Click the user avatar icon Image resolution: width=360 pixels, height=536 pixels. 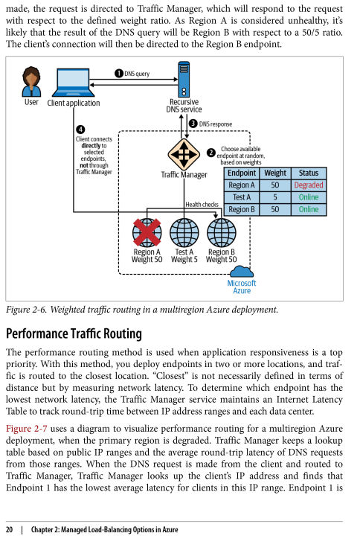(31, 81)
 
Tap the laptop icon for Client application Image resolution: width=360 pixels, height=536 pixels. (73, 83)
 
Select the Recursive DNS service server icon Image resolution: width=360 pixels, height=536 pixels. (184, 80)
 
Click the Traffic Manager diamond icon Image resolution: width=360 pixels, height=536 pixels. (184, 154)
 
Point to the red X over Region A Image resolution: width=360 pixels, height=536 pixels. (147, 232)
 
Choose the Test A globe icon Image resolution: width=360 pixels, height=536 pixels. (184, 232)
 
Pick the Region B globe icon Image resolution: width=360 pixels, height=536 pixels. (222, 232)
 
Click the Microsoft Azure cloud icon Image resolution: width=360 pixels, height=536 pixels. (242, 272)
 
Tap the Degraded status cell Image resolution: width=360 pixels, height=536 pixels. (309, 185)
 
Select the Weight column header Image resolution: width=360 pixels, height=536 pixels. (275, 173)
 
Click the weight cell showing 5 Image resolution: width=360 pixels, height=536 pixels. (275, 197)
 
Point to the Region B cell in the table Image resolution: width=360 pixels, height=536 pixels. (242, 209)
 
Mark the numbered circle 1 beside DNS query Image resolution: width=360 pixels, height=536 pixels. (119, 74)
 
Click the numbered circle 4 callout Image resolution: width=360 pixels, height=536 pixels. (80, 130)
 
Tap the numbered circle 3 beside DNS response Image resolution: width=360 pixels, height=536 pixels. (193, 124)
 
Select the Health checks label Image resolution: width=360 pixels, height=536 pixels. (202, 205)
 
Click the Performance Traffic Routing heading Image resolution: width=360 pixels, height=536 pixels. (74, 334)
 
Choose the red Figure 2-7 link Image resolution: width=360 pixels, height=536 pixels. (27, 429)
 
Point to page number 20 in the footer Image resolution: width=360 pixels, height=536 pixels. (10, 529)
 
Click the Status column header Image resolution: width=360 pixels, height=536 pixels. (309, 173)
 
